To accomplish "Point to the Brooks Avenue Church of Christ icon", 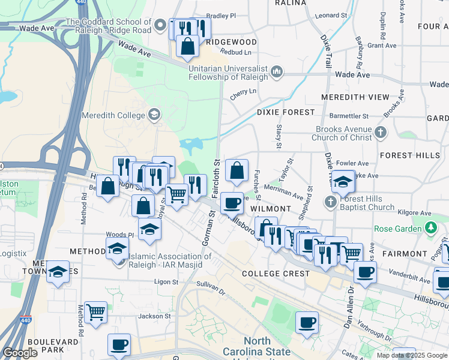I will coord(380,133).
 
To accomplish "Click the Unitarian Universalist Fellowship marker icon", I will coord(277,73).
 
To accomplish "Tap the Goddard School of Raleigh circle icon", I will coord(160,25).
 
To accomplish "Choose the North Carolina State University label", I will coord(258,346).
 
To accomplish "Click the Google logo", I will coord(20,353).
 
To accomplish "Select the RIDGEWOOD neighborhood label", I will coord(231,42).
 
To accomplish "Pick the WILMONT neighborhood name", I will coord(270,209).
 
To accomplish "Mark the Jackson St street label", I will coord(155,316).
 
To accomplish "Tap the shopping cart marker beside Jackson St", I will coord(96,312).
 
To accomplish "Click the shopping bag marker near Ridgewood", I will coord(188,46).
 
